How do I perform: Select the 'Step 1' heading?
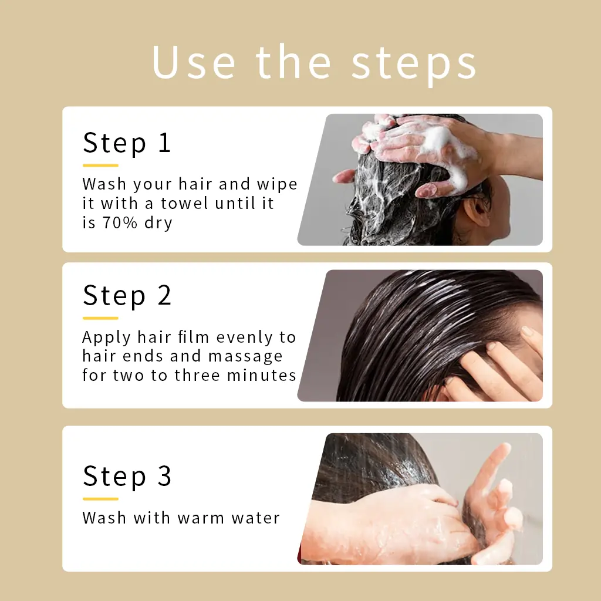tap(127, 143)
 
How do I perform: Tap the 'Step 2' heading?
tap(127, 296)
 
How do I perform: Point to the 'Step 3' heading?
tap(127, 476)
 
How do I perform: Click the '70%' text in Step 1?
tap(120, 222)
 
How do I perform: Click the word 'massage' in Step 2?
tap(245, 357)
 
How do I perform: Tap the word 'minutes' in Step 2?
tap(261, 375)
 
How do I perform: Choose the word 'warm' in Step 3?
tap(201, 518)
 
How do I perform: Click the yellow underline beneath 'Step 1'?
tap(100, 166)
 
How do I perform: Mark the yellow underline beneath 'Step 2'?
tap(100, 318)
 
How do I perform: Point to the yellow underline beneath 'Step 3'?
tap(100, 499)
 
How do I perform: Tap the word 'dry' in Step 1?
tap(158, 224)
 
